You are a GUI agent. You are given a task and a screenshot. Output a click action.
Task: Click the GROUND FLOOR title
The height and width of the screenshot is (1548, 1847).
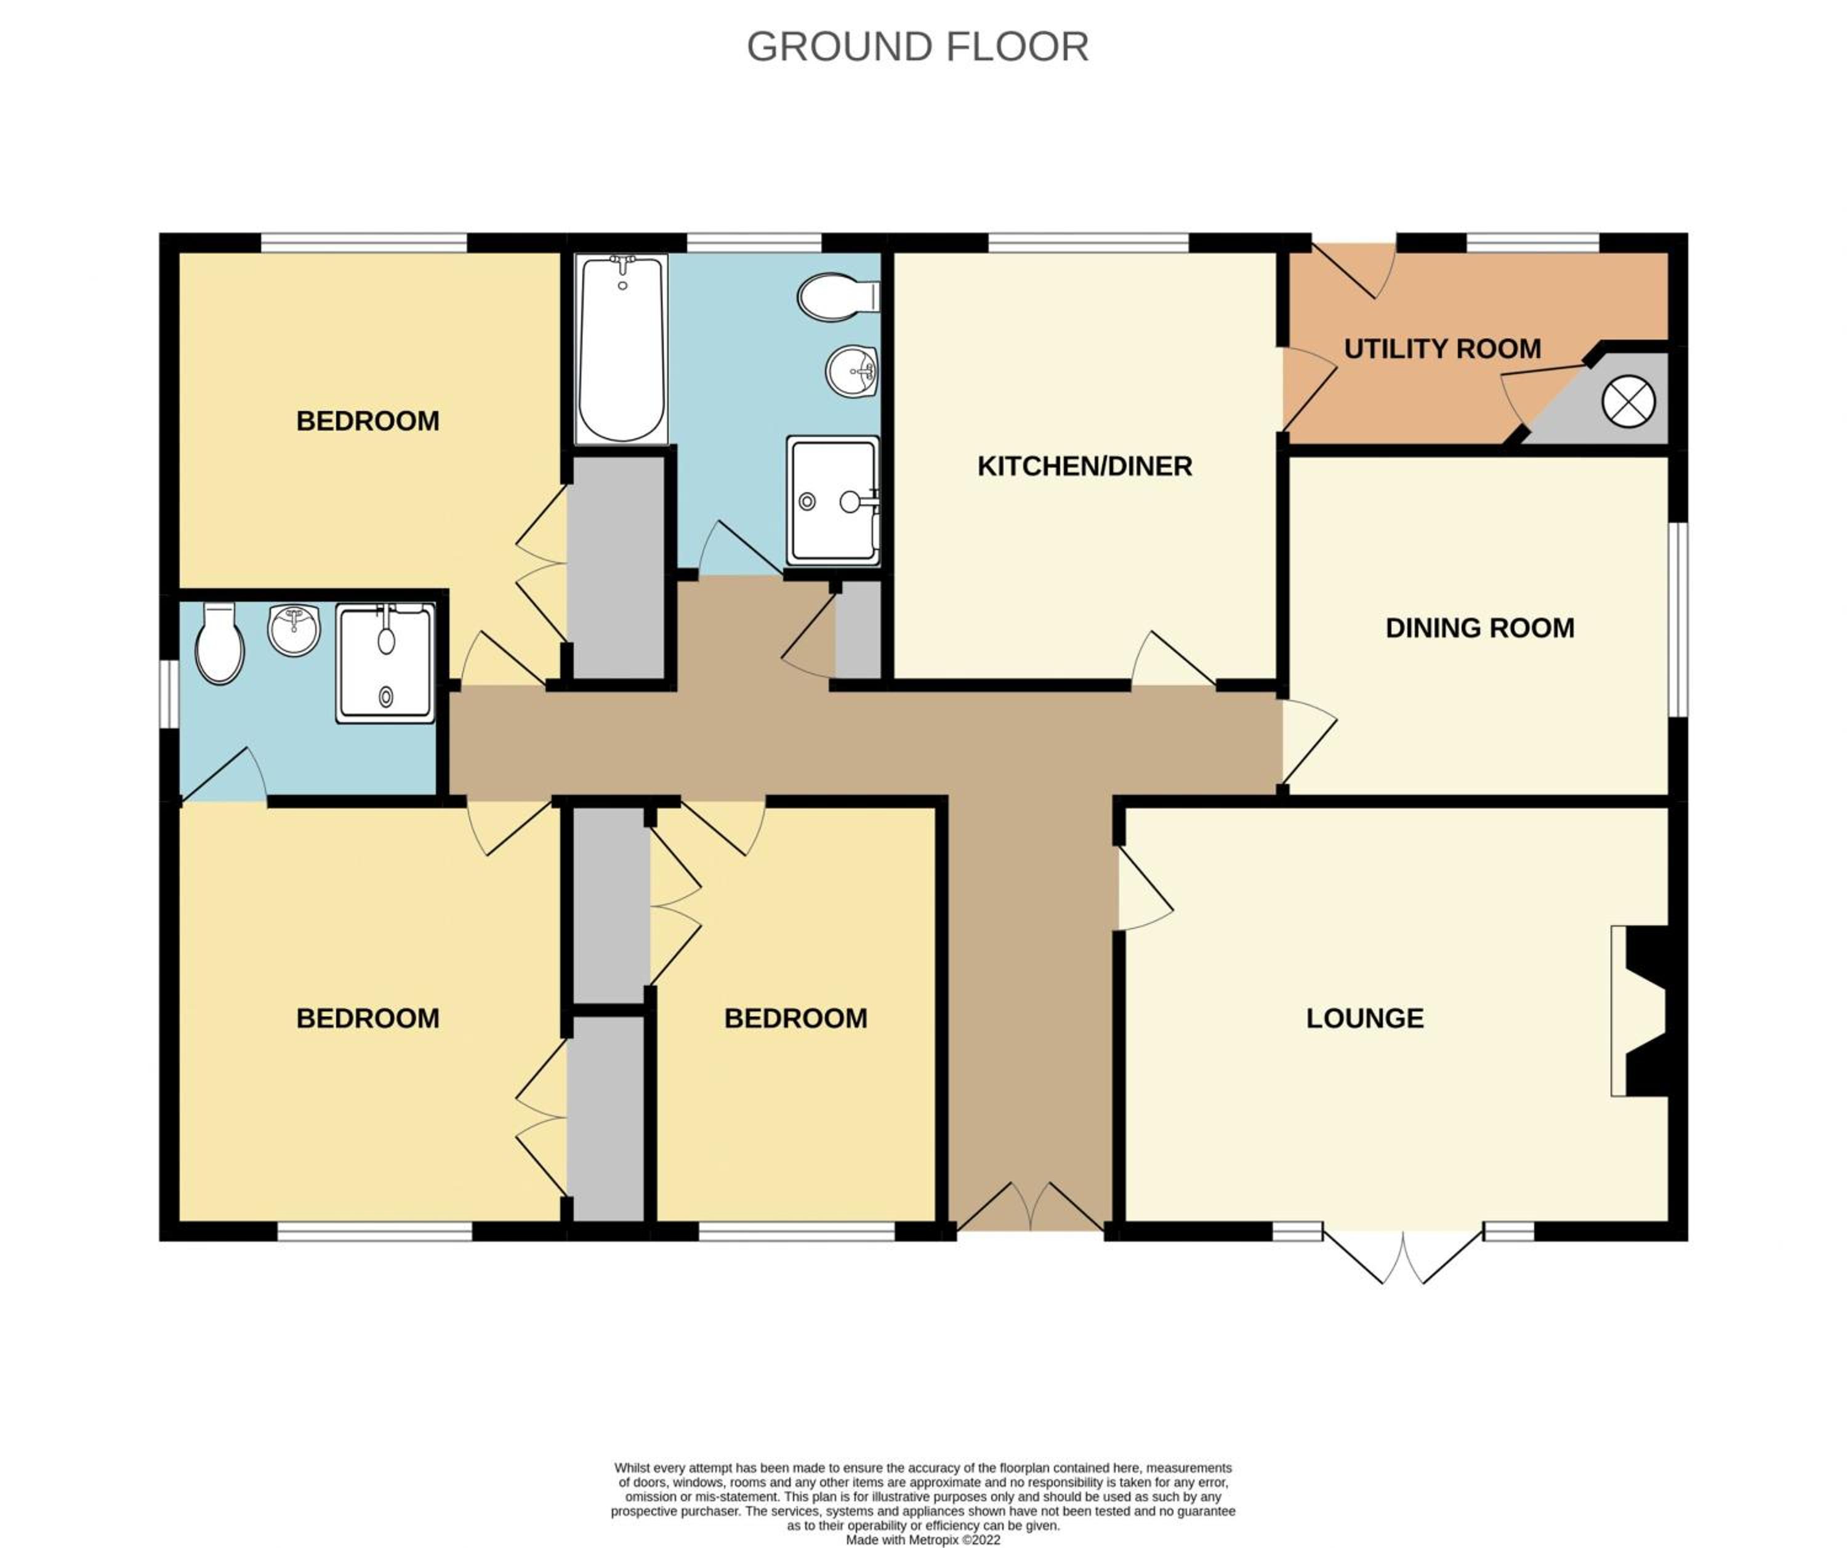point(917,47)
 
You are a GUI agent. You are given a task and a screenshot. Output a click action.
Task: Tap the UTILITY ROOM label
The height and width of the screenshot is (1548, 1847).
point(1443,349)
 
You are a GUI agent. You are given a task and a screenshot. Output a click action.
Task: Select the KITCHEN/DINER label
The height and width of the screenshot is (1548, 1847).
point(1084,466)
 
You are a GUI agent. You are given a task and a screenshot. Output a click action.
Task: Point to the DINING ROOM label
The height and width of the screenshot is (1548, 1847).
point(1480,628)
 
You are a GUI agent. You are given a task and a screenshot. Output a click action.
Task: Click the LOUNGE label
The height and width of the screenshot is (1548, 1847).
point(1365,1018)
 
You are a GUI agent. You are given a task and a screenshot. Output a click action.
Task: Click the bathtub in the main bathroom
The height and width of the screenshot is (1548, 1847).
point(622,349)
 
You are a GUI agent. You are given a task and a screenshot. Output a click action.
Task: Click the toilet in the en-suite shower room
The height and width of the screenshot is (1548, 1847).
point(219,642)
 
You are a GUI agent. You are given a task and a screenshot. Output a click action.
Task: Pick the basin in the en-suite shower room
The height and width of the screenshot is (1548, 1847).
point(294,629)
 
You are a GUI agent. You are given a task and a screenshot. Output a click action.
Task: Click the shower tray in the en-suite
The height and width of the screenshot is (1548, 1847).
point(385,663)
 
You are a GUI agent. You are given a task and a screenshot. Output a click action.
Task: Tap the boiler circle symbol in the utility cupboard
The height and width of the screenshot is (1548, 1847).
point(1629,402)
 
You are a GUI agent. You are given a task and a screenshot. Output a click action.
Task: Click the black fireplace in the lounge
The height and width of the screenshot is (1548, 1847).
point(1646,1011)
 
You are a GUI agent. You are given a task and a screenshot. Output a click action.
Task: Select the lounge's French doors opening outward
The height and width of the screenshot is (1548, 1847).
point(1403,1256)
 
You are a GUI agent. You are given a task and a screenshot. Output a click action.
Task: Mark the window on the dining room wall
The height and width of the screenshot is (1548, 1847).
point(1678,620)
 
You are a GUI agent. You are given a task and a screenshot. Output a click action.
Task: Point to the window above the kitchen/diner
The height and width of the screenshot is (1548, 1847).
point(1089,242)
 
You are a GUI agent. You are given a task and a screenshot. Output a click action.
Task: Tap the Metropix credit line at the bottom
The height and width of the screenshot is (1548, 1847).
point(923,1540)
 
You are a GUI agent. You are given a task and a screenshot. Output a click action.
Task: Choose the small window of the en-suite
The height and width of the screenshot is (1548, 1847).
point(169,695)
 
